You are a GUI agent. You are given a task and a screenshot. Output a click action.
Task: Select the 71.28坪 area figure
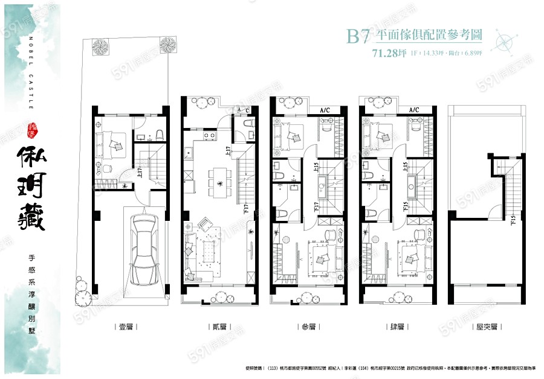[x=389, y=53]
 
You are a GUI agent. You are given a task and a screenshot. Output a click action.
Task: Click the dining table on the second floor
[x=219, y=179]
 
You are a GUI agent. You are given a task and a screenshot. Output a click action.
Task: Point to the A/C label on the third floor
[x=325, y=110]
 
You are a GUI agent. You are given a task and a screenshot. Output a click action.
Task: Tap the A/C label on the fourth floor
[x=414, y=110]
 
